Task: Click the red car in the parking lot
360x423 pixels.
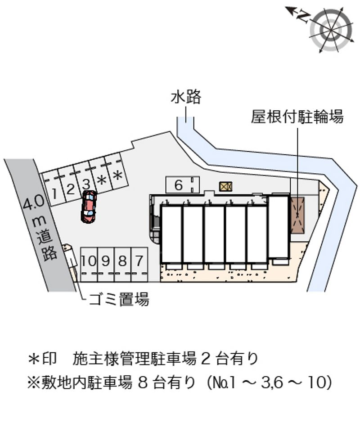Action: pyautogui.click(x=89, y=207)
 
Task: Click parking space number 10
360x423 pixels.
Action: pyautogui.click(x=89, y=265)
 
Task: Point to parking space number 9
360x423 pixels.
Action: pyautogui.click(x=106, y=265)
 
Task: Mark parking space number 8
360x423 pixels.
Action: pyautogui.click(x=122, y=265)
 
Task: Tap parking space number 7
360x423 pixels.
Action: pyautogui.click(x=139, y=265)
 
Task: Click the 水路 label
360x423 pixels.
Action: pyautogui.click(x=186, y=97)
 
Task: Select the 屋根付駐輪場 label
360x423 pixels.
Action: pyautogui.click(x=297, y=117)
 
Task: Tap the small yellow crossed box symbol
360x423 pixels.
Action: pyautogui.click(x=225, y=186)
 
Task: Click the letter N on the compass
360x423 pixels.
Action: pyautogui.click(x=302, y=17)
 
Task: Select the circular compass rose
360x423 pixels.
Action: pyautogui.click(x=331, y=30)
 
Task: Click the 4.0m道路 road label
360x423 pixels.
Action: pyautogui.click(x=40, y=228)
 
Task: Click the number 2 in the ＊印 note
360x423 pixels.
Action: pyautogui.click(x=206, y=359)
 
